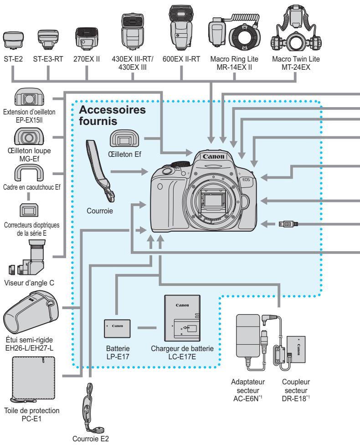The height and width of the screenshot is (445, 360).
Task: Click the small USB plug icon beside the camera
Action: [289, 223]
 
